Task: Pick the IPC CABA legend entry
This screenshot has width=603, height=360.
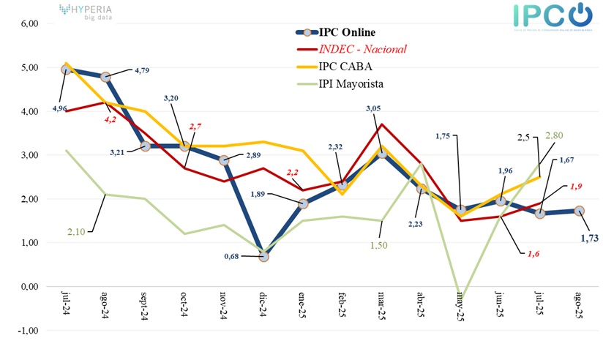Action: (344, 67)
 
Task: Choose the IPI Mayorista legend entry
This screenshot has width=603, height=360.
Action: (351, 84)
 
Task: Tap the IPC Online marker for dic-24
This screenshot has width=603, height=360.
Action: (263, 256)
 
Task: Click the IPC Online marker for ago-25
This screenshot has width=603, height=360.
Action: (578, 211)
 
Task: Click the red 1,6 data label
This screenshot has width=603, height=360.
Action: (533, 253)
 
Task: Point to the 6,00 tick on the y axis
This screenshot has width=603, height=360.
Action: (29, 23)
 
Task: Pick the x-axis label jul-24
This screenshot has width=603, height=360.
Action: (67, 303)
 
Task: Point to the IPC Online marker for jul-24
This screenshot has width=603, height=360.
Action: (67, 70)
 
